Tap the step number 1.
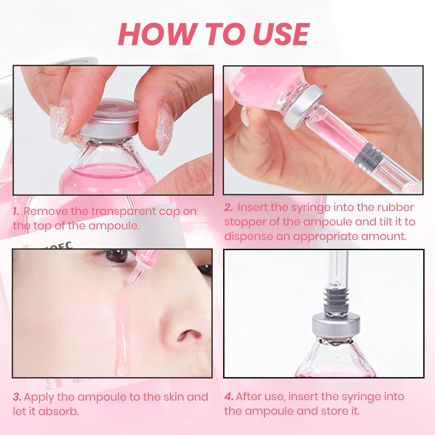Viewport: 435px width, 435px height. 16,211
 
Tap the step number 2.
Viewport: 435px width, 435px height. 229,207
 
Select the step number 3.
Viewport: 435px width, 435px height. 17,397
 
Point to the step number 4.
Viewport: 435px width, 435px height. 229,397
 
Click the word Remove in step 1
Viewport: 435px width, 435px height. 46,211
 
